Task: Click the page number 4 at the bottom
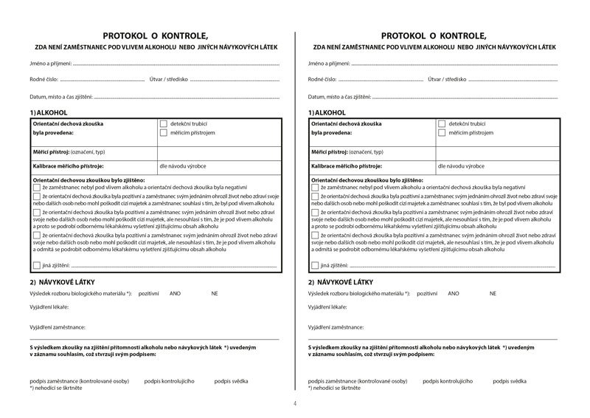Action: (295, 403)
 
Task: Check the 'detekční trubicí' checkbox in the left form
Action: (163, 124)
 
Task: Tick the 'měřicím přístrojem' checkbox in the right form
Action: (442, 133)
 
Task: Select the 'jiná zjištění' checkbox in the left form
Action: (37, 264)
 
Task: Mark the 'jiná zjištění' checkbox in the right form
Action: (316, 264)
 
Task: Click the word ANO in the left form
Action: (175, 293)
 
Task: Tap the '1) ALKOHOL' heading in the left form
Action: (47, 112)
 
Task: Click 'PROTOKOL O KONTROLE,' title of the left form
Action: (156, 35)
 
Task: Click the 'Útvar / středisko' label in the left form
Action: (169, 79)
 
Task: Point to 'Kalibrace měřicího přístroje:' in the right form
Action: (345, 167)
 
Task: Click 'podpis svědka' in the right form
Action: (510, 381)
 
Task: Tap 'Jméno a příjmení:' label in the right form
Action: (329, 64)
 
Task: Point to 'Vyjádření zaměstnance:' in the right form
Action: (336, 326)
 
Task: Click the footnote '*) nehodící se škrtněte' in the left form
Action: (56, 388)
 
